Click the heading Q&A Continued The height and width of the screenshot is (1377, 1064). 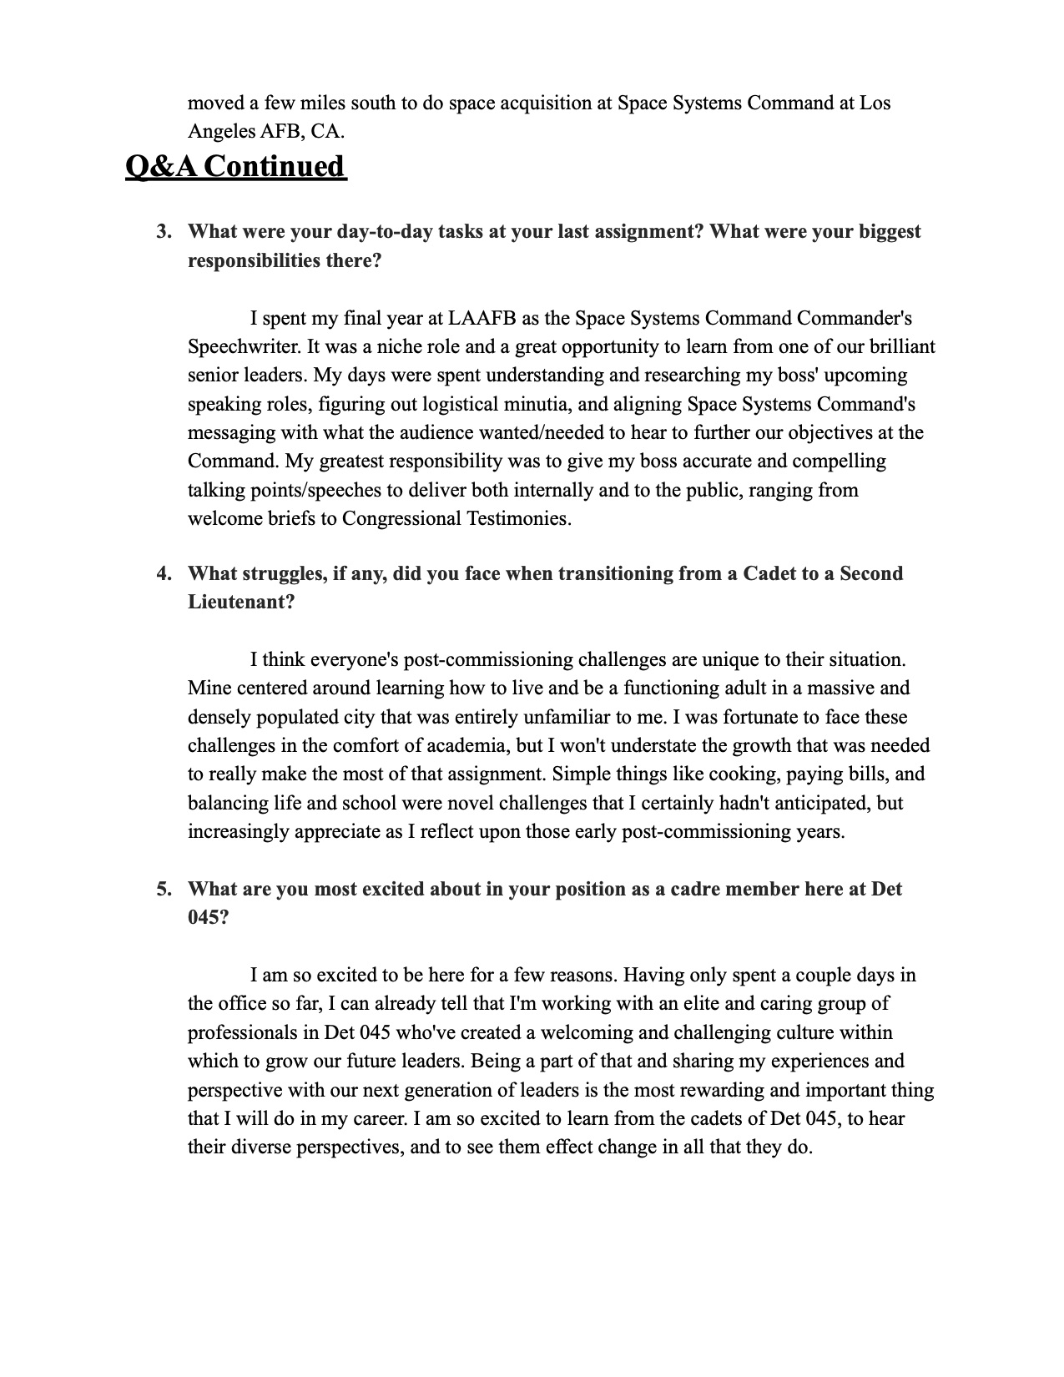(235, 166)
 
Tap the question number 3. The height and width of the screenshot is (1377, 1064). (164, 231)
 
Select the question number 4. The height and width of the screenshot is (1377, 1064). (164, 573)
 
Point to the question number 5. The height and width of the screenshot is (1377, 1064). (164, 889)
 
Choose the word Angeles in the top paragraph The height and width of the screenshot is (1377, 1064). (222, 131)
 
